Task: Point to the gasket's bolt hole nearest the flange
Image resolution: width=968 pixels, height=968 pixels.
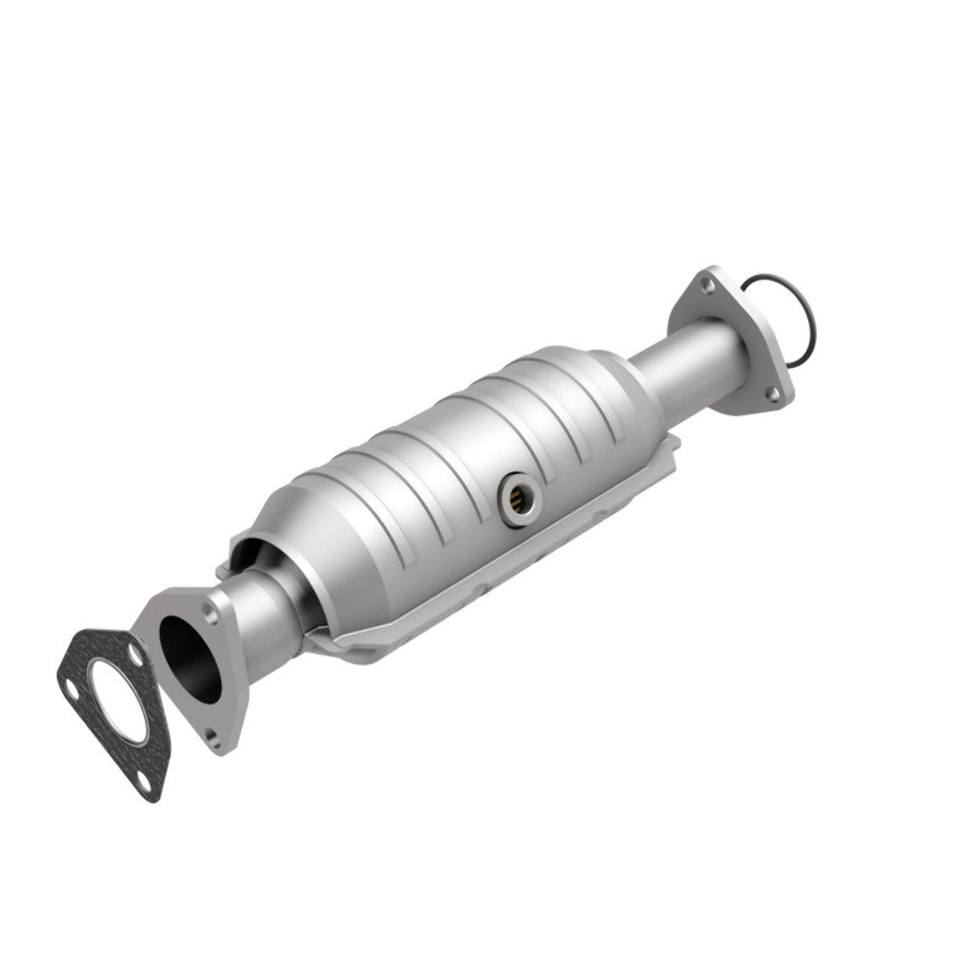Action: (136, 658)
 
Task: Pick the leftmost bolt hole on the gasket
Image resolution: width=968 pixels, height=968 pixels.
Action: (74, 692)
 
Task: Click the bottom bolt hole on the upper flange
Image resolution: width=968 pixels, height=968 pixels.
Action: (771, 392)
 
